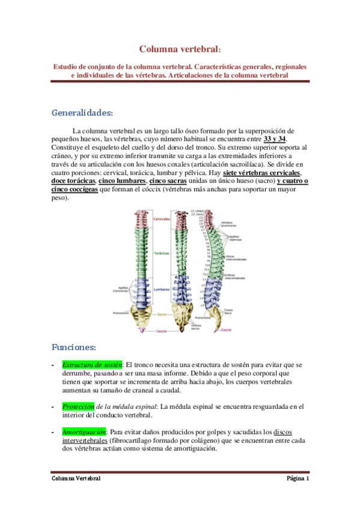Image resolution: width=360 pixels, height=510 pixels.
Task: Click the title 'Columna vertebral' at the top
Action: [x=179, y=49]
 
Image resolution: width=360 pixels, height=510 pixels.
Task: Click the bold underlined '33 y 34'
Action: [x=275, y=139]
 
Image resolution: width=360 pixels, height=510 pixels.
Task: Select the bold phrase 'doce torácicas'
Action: [x=73, y=181]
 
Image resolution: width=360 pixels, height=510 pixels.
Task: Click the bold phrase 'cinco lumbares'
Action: [x=122, y=181]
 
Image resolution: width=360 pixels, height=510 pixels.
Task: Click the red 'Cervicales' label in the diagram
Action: [x=162, y=219]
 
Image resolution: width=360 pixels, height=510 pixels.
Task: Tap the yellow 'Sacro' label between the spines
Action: [x=162, y=314]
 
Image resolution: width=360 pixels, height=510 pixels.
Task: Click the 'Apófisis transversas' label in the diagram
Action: [x=121, y=288]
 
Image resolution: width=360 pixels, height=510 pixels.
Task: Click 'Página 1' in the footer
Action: [x=297, y=479]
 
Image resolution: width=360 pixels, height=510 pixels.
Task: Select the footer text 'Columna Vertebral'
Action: [x=75, y=479]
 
